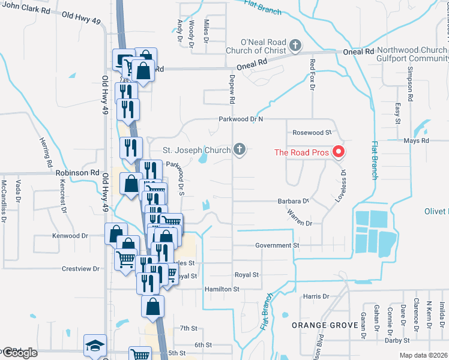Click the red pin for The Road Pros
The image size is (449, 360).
[339, 152]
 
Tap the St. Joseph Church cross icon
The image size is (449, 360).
[240, 149]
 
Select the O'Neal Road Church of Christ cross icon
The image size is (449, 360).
[295, 45]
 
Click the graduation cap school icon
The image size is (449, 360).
[95, 346]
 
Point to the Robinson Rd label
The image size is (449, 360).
[77, 172]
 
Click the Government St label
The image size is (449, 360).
[277, 245]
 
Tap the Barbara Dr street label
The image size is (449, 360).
[292, 202]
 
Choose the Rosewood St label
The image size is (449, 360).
[312, 132]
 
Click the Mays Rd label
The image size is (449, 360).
[417, 141]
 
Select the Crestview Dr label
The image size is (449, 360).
[80, 269]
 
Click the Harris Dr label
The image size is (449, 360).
[316, 296]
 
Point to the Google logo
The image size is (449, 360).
[20, 353]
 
